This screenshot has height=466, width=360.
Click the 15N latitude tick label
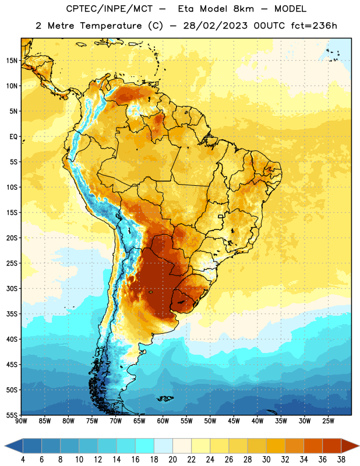coord(12,61)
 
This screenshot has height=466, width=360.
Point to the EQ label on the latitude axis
coord(13,137)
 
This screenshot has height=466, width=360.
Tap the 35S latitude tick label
coord(12,314)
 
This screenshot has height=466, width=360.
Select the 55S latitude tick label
coord(12,415)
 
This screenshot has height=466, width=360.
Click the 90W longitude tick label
coord(21,421)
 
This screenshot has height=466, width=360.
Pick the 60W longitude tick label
coord(163,421)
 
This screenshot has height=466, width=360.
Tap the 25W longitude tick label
coord(328,421)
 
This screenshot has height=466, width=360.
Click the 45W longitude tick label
coord(234,421)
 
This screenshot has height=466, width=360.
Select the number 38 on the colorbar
coord(341,460)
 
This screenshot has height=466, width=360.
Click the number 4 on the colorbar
coord(23,460)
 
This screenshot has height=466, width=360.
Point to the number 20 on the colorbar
coord(172,460)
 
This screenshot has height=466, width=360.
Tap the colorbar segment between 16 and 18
coord(144,446)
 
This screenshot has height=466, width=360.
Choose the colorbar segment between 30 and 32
coord(276,446)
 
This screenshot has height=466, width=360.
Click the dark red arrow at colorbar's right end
coord(350,446)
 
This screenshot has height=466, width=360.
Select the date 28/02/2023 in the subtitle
coord(215,26)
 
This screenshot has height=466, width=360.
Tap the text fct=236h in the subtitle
coord(314,26)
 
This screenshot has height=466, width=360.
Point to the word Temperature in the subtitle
coord(111,26)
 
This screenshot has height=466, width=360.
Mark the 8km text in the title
coord(243,9)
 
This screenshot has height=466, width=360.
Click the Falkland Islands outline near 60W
coord(165,398)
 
